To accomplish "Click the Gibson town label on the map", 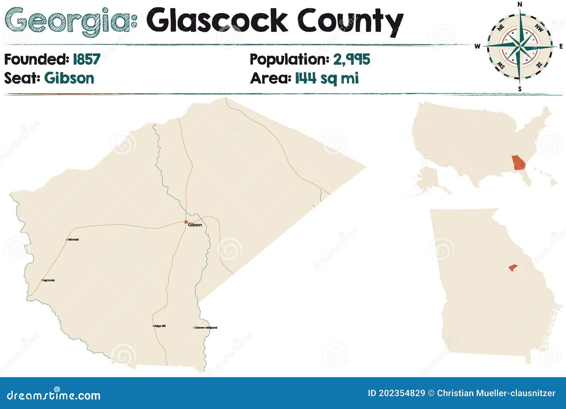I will tap(195, 225).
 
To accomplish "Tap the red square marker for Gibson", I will tap(186, 222).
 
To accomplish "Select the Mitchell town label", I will tap(73, 240).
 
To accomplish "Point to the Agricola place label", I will tap(49, 280).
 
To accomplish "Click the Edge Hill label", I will tap(160, 326).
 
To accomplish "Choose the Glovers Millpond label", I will tap(206, 328).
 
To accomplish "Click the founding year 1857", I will tap(86, 59).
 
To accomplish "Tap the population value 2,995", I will tap(351, 59).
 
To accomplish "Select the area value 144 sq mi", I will tap(327, 78).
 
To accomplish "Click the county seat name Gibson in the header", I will tap(69, 78).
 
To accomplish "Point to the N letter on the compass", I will tap(520, 4).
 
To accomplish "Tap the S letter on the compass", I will tap(520, 89).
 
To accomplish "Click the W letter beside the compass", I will tap(477, 46).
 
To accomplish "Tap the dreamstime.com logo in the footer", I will tap(54, 395).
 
